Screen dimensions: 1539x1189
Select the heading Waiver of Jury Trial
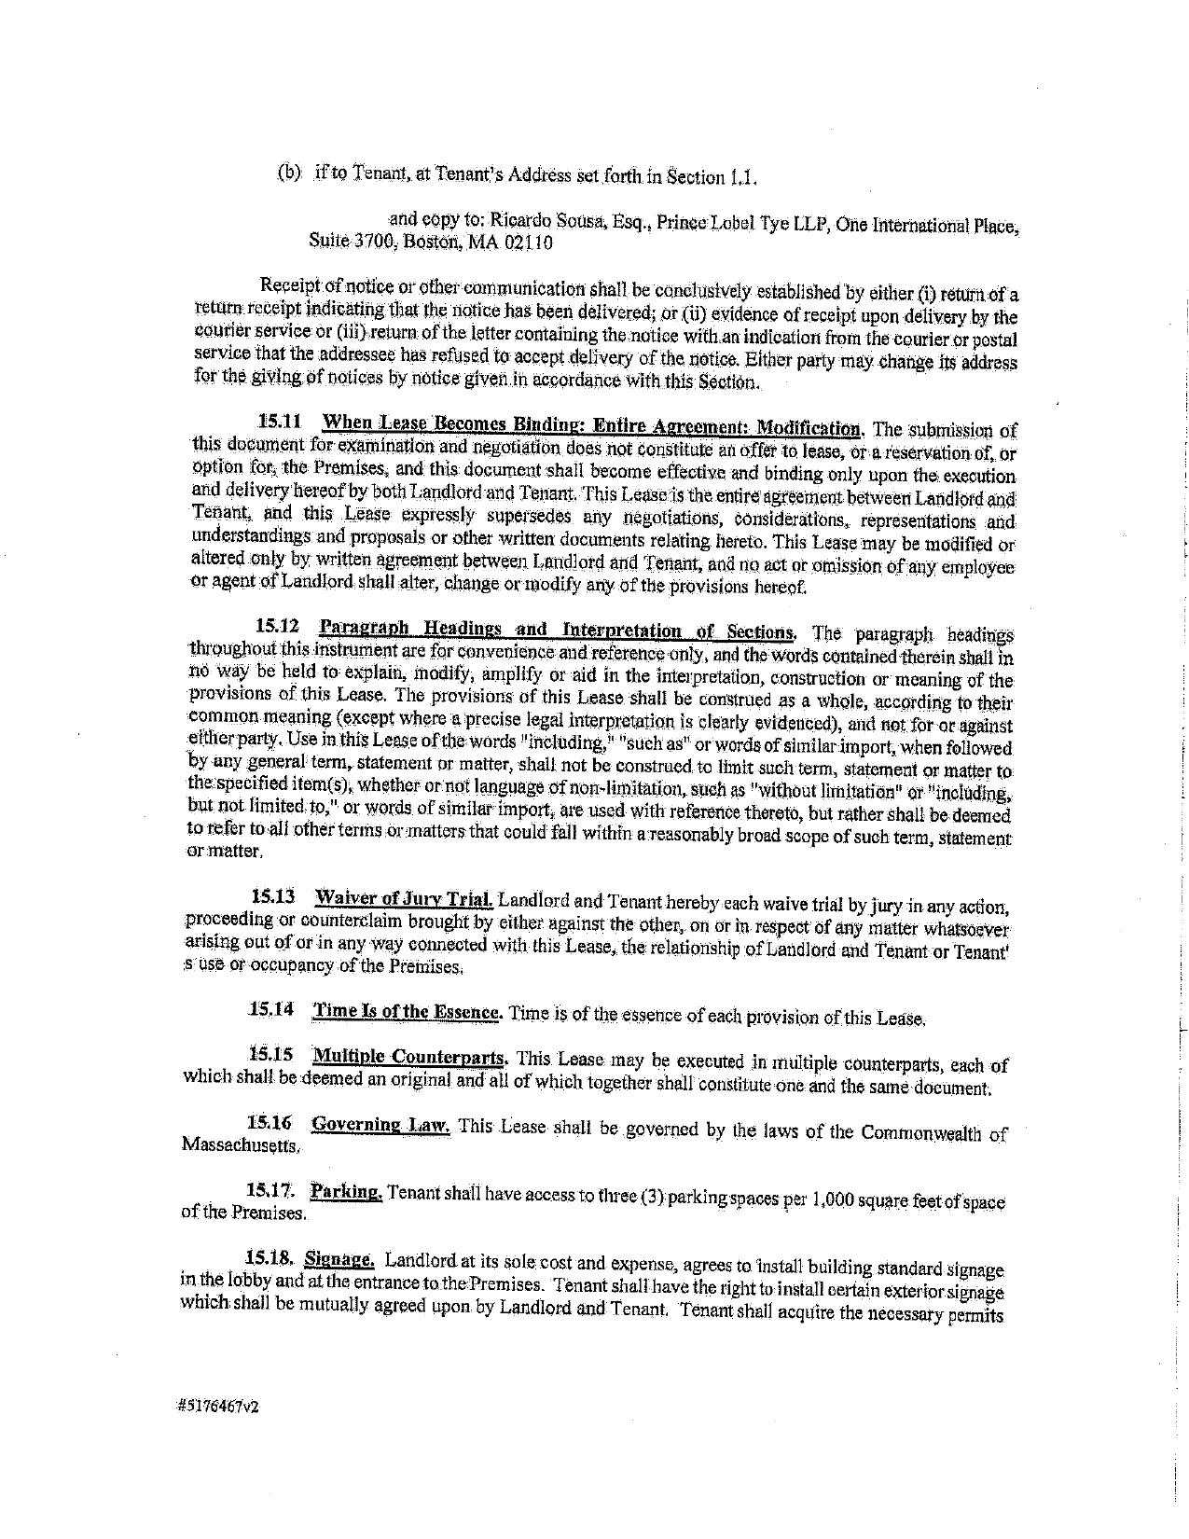403,899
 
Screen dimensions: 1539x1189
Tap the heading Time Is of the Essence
408,1011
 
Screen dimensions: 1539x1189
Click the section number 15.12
279,625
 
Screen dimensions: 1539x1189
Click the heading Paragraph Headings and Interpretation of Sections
557,629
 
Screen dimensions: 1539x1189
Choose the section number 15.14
271,1009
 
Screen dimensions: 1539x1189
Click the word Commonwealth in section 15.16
922,1133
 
